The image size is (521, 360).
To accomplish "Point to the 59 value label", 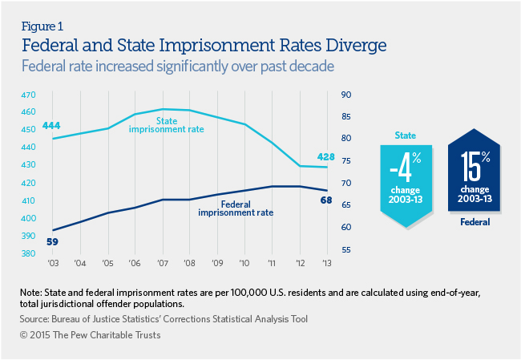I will click(54, 241).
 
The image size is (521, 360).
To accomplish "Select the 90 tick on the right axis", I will click(347, 95).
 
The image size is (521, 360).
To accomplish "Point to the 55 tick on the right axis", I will click(347, 250).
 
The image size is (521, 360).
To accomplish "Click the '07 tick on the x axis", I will click(163, 263).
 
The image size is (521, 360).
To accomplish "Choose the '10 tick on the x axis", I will click(244, 263).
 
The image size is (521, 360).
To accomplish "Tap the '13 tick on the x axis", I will click(326, 263).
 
